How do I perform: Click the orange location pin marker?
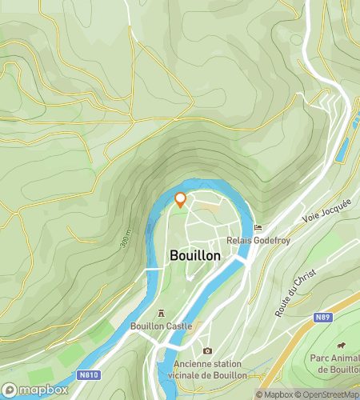click(180, 200)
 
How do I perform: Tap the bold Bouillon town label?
click(195, 255)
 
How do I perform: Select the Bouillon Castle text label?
click(162, 326)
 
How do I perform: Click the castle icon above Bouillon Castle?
click(162, 314)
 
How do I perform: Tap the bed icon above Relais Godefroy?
click(257, 227)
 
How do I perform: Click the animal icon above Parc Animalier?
click(339, 346)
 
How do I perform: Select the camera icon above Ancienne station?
click(207, 350)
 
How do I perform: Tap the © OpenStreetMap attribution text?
click(327, 394)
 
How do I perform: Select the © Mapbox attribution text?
click(274, 394)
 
